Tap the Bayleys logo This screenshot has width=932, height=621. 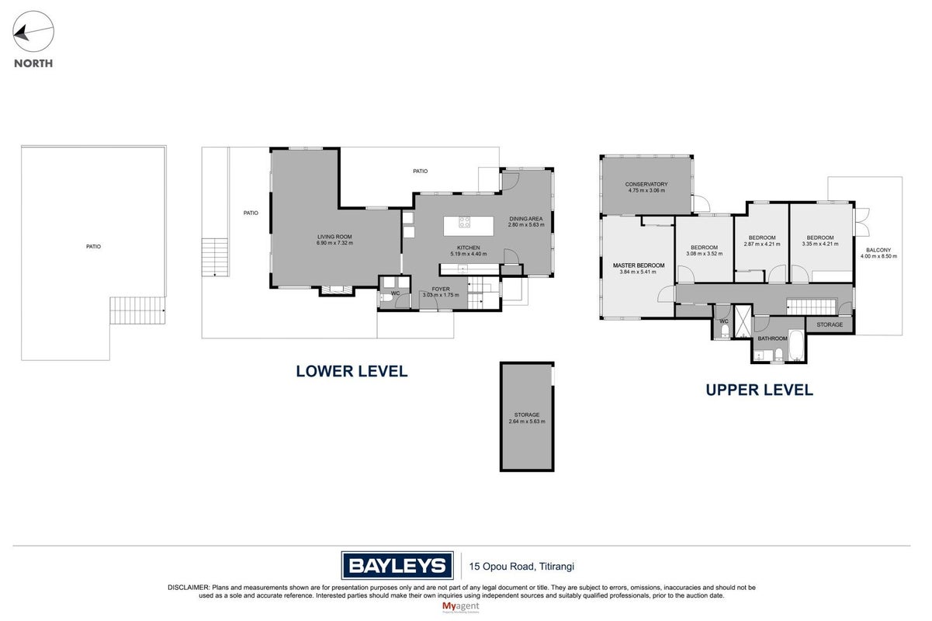[x=397, y=566]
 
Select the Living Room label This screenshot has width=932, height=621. [x=334, y=237]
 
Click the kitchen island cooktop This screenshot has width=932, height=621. [x=464, y=222]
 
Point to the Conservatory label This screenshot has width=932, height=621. [x=646, y=184]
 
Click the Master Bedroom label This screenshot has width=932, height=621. [x=638, y=265]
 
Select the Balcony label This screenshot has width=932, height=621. [x=878, y=250]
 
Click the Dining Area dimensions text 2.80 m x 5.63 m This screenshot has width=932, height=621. [x=526, y=225]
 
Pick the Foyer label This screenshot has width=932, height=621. [x=441, y=289]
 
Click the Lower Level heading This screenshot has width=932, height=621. [x=352, y=371]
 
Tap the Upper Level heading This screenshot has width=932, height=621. [x=759, y=390]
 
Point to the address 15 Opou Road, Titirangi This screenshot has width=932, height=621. [x=521, y=567]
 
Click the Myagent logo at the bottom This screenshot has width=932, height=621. [x=461, y=607]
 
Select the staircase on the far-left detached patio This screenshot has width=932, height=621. [x=137, y=310]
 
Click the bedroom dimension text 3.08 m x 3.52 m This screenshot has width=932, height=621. [x=705, y=254]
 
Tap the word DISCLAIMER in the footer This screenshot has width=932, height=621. [x=189, y=588]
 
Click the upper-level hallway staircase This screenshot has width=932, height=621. [x=812, y=307]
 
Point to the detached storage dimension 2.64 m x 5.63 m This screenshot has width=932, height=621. [x=527, y=422]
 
